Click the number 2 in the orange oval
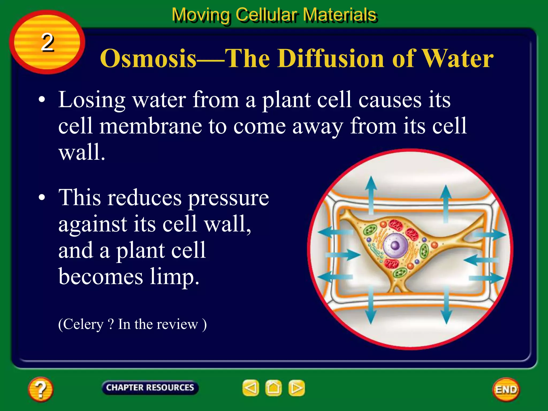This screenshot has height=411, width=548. click(47, 43)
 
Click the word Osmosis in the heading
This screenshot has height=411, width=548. click(148, 58)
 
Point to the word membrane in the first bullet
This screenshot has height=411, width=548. click(151, 126)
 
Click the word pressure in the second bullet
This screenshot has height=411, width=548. click(228, 198)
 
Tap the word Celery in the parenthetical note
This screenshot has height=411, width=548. click(83, 324)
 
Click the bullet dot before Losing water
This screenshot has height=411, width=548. click(42, 100)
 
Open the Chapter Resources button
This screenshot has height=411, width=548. click(150, 387)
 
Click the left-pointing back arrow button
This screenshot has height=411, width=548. click(251, 388)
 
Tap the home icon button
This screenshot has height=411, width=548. click(273, 388)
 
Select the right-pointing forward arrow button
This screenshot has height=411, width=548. click(296, 388)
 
